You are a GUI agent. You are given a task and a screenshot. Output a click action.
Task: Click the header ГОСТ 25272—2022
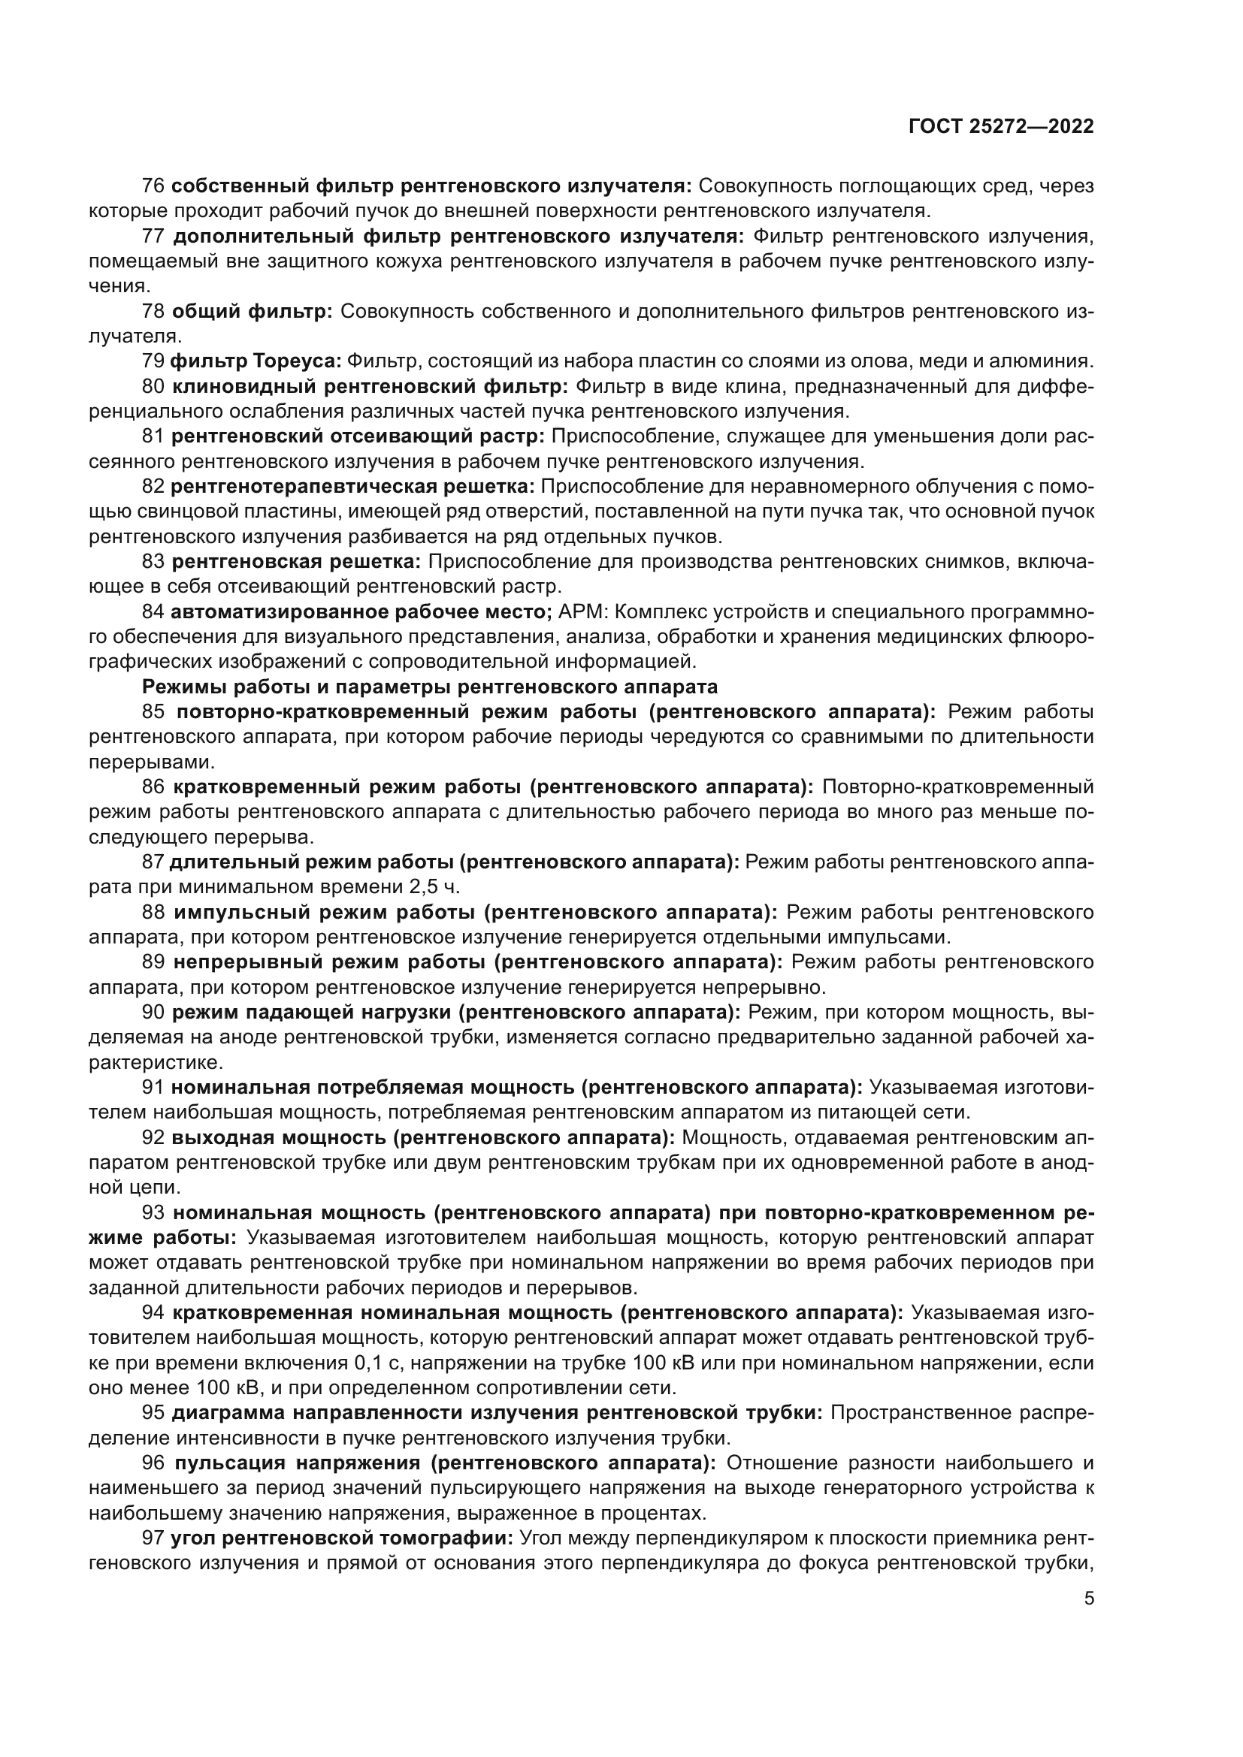click(x=1000, y=127)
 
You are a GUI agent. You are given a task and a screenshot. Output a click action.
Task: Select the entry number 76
click(x=153, y=186)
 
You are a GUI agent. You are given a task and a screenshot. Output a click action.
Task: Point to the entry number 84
click(x=153, y=612)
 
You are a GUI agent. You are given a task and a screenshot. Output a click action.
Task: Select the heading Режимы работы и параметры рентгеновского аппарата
click(x=430, y=687)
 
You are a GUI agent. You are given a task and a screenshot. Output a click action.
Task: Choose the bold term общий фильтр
click(x=252, y=312)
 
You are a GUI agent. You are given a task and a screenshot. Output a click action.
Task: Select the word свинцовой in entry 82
click(x=162, y=512)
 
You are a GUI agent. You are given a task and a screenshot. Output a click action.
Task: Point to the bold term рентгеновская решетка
click(x=296, y=562)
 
